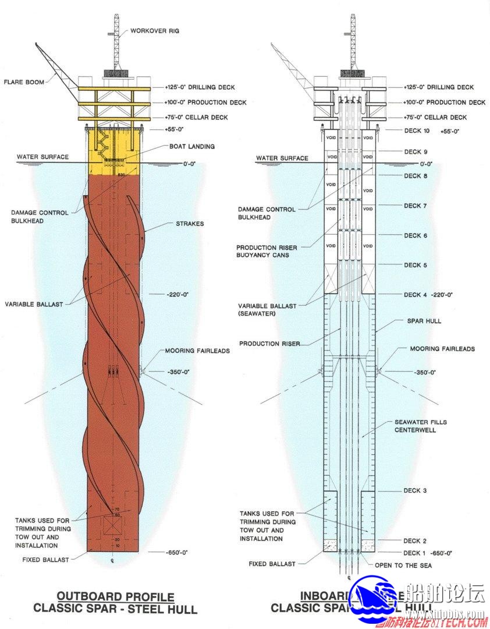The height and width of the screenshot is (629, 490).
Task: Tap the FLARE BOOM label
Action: [24, 82]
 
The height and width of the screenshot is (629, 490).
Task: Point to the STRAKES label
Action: [189, 224]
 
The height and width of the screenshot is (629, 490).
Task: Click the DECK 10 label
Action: [416, 131]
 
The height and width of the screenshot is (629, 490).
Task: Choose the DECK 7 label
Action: [416, 206]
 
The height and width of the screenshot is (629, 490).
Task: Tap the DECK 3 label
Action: [415, 490]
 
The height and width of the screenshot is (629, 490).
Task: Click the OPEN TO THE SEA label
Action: [403, 565]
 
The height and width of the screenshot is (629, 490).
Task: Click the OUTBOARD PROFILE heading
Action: [115, 597]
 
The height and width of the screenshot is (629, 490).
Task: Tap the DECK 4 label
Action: [416, 295]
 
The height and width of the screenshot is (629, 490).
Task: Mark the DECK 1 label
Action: [415, 553]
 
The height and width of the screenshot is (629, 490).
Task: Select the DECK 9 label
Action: [416, 152]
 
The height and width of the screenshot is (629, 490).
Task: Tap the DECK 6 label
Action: [416, 235]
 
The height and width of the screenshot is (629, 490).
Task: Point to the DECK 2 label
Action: [415, 541]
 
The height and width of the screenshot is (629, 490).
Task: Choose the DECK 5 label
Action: [416, 265]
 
